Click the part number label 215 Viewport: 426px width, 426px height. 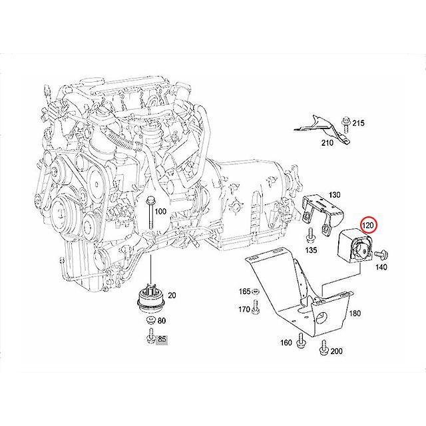point(359,123)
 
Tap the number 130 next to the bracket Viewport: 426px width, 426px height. point(334,194)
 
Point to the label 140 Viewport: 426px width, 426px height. point(381,267)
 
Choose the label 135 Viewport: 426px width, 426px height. point(310,251)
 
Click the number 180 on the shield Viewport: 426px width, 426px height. point(355,313)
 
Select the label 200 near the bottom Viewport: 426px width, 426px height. point(336,351)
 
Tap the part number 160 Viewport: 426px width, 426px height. point(286,343)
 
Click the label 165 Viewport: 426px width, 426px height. point(245,292)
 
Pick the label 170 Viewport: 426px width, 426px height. point(245,309)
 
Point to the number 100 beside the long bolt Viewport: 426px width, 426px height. point(160,211)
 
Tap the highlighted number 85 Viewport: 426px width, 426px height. point(161,340)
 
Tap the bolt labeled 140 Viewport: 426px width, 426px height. point(383,254)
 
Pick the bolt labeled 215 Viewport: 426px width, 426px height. point(345,122)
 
